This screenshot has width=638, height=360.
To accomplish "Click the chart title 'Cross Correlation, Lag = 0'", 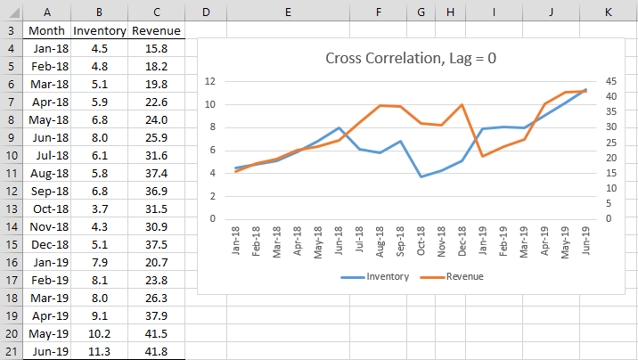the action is click(x=411, y=59).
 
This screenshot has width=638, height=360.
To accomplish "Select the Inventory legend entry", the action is click(x=375, y=276).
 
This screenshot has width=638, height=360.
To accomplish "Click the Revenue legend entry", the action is click(x=452, y=276).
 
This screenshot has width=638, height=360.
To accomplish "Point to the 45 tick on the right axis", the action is click(x=610, y=81).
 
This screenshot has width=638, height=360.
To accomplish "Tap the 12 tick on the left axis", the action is click(x=210, y=81).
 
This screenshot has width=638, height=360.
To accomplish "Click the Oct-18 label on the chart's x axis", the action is click(x=421, y=241).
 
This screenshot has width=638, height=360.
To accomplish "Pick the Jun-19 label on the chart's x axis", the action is click(x=585, y=241).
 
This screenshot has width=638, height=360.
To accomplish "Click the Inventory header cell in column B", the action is click(x=99, y=30).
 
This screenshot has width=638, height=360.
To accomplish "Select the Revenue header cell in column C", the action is click(x=156, y=30).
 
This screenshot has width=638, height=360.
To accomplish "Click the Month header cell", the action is click(x=47, y=30).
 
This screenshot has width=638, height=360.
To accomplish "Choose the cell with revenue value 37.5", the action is click(x=156, y=244).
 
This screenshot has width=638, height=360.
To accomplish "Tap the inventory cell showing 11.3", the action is click(x=99, y=351).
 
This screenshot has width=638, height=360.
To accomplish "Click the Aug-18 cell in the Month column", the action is click(x=47, y=173).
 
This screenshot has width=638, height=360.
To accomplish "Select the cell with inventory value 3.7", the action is click(x=99, y=209).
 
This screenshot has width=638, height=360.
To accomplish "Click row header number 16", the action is click(x=12, y=262).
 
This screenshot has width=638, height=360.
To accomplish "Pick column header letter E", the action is click(x=288, y=12).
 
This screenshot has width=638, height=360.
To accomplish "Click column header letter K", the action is click(x=609, y=12).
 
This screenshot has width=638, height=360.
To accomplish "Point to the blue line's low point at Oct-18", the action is click(x=421, y=176).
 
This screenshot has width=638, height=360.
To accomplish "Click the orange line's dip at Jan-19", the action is click(x=483, y=156).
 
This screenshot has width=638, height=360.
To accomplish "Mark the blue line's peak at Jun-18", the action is click(x=339, y=127).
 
